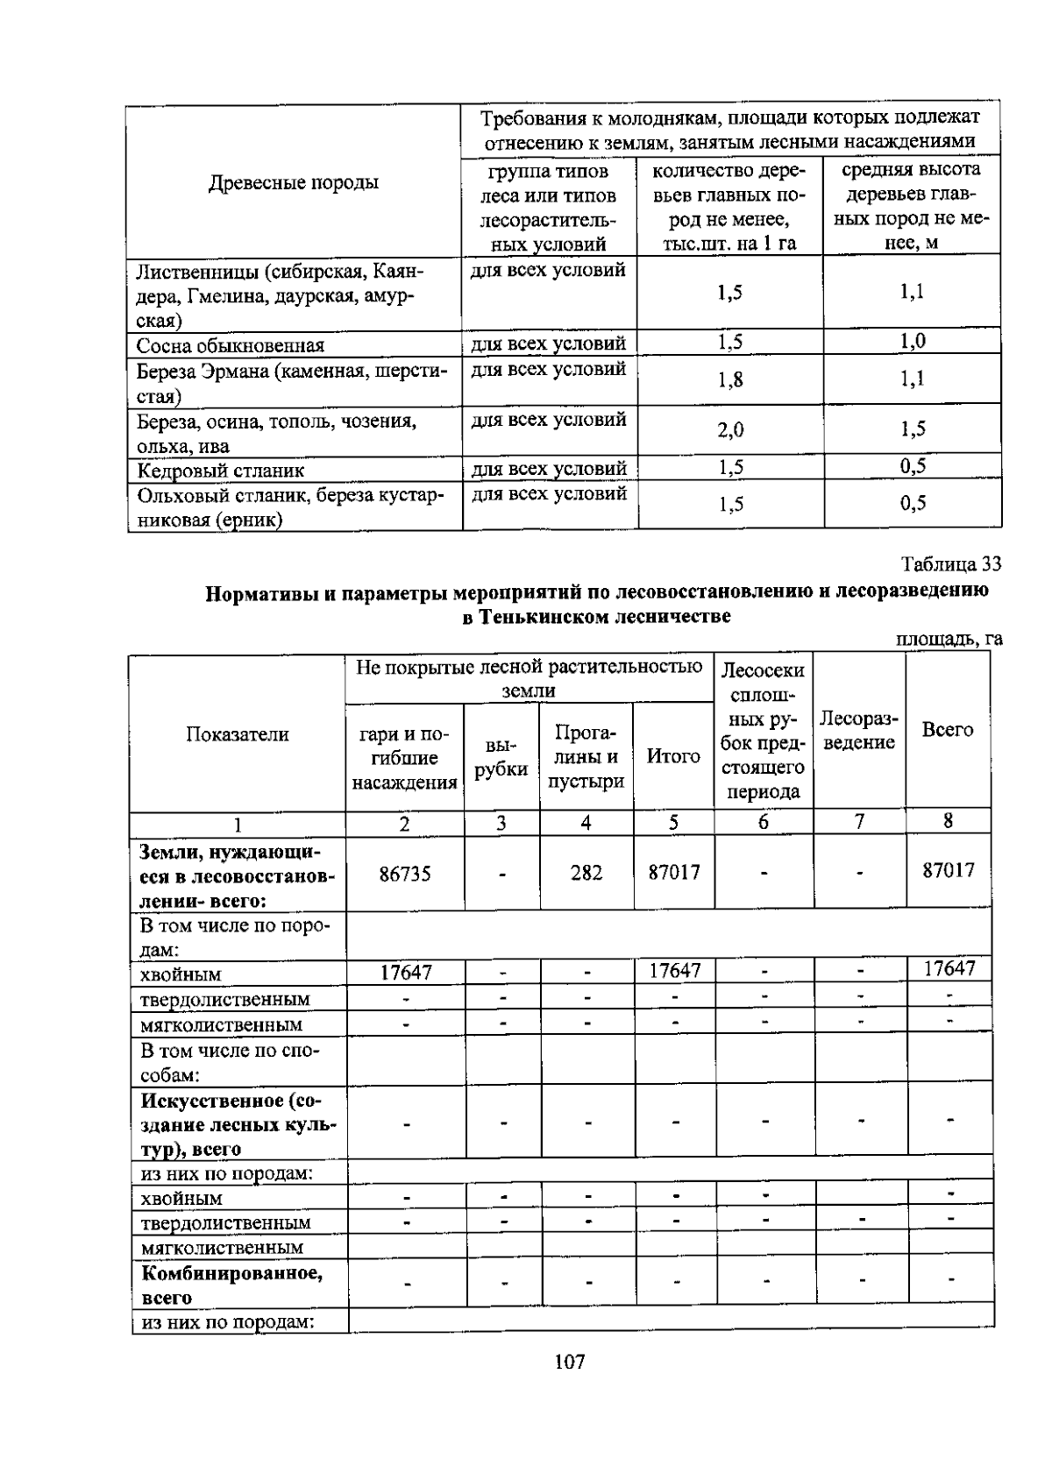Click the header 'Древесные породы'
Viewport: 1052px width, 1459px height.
(x=293, y=183)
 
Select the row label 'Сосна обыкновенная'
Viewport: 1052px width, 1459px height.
(x=230, y=345)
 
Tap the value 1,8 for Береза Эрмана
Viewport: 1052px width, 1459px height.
(x=729, y=379)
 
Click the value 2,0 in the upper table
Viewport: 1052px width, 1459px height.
(x=729, y=429)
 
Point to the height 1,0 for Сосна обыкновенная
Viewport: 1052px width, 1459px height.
(x=912, y=342)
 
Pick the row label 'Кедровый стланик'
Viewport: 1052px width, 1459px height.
(x=220, y=471)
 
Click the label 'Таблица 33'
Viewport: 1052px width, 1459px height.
(x=950, y=563)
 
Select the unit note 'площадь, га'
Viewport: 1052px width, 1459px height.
(x=949, y=640)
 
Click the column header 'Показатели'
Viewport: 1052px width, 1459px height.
(x=237, y=734)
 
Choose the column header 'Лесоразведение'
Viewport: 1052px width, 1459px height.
(x=858, y=731)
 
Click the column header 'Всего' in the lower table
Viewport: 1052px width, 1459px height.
(x=947, y=730)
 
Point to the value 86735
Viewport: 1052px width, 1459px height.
(x=404, y=874)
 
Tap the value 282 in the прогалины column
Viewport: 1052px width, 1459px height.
(x=586, y=873)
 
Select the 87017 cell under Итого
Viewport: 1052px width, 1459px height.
(x=673, y=873)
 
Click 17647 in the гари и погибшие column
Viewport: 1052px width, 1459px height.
(x=405, y=972)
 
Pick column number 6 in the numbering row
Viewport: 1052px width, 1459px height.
(x=763, y=822)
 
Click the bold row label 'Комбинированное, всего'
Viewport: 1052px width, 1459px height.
(x=231, y=1285)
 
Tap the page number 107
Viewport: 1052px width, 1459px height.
(x=569, y=1362)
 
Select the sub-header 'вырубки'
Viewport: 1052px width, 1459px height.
(x=501, y=757)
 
